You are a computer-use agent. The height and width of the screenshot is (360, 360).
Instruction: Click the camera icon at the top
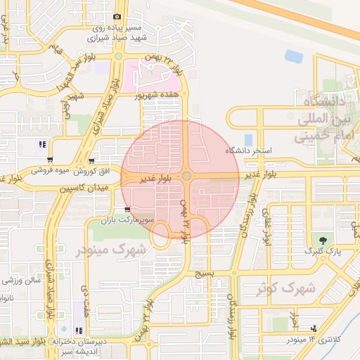coord(117,16)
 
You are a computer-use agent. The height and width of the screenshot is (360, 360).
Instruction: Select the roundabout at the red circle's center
coord(186,176)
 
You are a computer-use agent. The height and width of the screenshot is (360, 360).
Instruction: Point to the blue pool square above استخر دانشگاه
coord(247,139)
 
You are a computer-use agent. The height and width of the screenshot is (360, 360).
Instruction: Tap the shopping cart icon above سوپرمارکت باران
coord(127,209)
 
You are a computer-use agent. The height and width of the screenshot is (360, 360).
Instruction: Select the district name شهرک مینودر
coord(121,249)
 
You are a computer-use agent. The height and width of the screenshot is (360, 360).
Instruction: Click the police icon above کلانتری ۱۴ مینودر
coord(313,328)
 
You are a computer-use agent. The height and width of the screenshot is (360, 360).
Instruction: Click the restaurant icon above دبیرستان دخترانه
coord(78,330)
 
